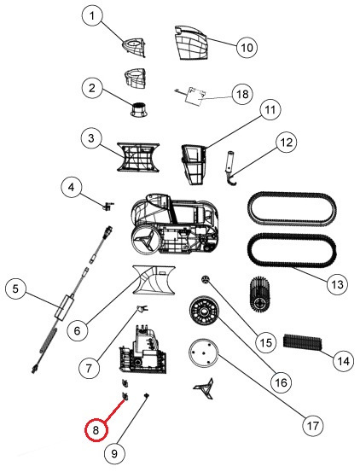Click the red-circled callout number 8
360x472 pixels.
tap(96, 430)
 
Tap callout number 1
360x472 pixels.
tap(92, 16)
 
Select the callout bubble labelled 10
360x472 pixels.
tap(247, 47)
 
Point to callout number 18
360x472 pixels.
tap(243, 94)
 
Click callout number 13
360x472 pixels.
tap(337, 284)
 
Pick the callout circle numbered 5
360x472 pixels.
tap(15, 289)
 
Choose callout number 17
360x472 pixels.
tap(312, 426)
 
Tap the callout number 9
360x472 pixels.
tap(114, 453)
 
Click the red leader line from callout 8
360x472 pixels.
tap(114, 410)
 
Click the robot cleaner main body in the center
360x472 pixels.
tap(174, 224)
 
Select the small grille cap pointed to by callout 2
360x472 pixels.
tap(139, 109)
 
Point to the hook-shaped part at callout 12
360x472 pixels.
tap(230, 167)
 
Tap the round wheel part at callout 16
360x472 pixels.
tap(206, 311)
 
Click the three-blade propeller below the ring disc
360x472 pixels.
tap(205, 388)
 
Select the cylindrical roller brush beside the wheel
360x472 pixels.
tap(260, 293)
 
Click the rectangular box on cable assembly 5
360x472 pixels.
tap(65, 306)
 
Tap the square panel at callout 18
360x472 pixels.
tap(195, 96)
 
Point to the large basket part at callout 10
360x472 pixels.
tap(191, 43)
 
